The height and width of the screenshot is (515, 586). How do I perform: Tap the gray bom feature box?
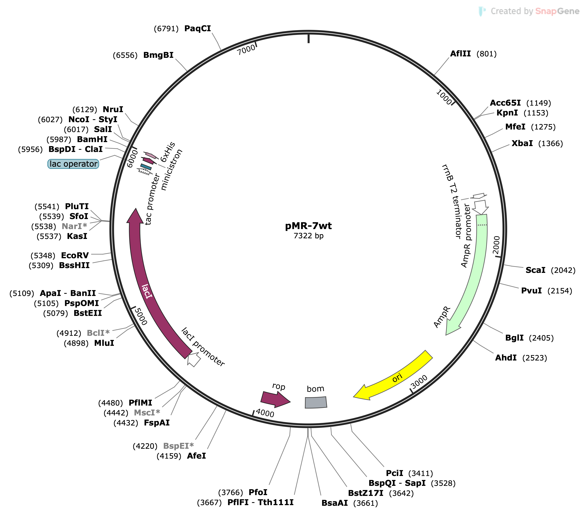pyautogui.click(x=316, y=403)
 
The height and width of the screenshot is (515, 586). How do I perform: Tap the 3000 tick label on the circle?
pyautogui.click(x=419, y=382)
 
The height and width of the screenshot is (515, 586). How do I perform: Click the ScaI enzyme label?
pyautogui.click(x=535, y=270)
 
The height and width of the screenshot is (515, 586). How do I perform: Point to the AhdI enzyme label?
pyautogui.click(x=506, y=358)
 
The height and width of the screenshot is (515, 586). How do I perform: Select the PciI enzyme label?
pyautogui.click(x=394, y=473)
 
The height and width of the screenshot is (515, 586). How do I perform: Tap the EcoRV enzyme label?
pyautogui.click(x=75, y=256)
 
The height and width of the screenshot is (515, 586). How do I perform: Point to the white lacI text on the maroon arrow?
pyautogui.click(x=147, y=291)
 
